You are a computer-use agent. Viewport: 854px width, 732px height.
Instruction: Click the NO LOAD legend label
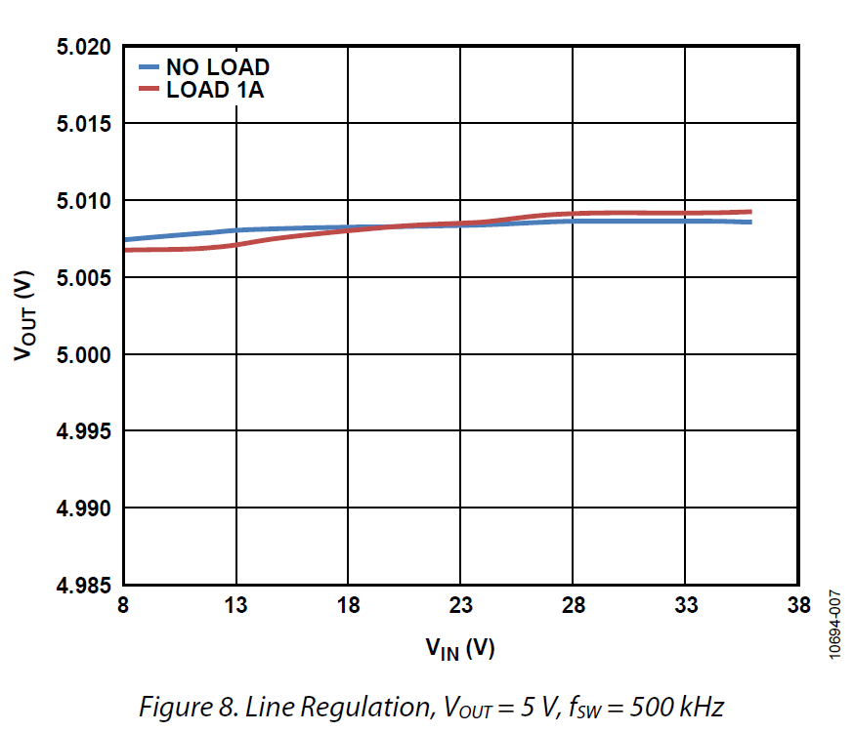(217, 67)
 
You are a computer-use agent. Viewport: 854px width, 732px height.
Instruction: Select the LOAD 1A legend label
(215, 91)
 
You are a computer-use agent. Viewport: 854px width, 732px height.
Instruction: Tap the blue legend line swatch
(148, 67)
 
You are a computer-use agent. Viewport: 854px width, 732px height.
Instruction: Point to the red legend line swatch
(148, 91)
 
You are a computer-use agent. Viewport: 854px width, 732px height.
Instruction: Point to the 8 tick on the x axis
(123, 607)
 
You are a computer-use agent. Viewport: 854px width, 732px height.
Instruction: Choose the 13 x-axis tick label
(235, 607)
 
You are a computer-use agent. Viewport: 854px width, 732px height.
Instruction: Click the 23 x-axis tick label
(460, 607)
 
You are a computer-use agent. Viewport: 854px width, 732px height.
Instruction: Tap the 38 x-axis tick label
(798, 607)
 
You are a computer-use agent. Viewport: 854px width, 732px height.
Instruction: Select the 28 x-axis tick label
(573, 607)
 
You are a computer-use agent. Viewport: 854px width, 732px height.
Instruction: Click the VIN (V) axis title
(459, 647)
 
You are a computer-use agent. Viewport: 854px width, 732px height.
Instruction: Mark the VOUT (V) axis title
(26, 315)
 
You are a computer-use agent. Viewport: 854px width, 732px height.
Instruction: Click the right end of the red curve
(749, 212)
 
